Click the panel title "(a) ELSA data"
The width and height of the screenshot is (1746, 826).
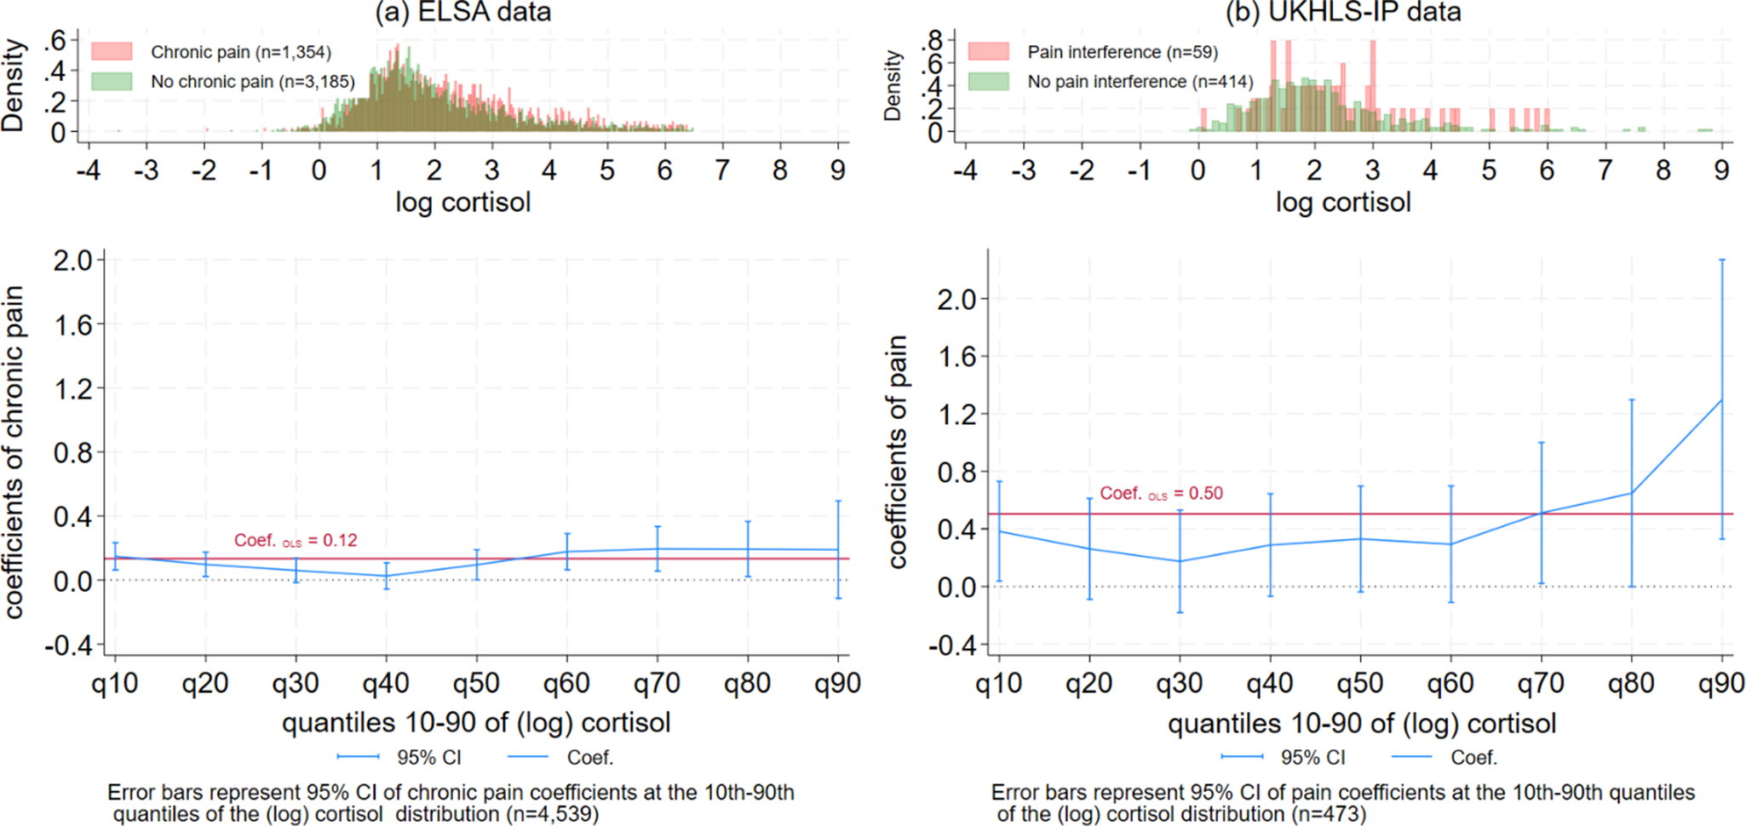tap(463, 12)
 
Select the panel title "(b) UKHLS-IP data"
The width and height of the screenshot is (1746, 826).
tap(1343, 12)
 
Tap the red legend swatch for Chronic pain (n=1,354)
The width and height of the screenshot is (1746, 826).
tap(112, 51)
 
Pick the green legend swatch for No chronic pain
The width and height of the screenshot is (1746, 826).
tap(112, 81)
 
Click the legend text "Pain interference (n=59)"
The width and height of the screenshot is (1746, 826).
tap(1123, 52)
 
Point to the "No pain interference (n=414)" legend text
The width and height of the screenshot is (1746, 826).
tap(1140, 82)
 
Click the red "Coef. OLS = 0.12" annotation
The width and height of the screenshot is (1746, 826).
tap(296, 541)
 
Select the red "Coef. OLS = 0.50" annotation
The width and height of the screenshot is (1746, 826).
tap(1161, 494)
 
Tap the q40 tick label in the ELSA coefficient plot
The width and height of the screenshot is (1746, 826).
tap(386, 683)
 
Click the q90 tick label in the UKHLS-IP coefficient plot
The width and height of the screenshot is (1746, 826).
tap(1721, 683)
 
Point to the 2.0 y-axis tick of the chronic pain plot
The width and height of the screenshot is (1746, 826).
tap(73, 260)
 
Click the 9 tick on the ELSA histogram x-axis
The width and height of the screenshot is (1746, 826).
tap(838, 170)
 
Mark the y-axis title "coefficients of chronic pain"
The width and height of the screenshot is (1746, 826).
tap(14, 452)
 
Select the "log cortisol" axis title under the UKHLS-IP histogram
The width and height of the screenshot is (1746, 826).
tap(1343, 202)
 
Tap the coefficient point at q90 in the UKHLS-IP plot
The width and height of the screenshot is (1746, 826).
tap(1722, 399)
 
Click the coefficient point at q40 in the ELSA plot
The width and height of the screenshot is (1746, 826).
tap(387, 576)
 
